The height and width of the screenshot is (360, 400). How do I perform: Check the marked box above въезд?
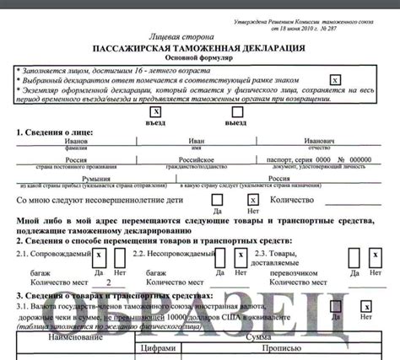(155, 110)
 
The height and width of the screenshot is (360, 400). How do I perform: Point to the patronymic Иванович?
(318, 140)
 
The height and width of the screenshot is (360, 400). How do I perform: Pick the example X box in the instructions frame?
(335, 78)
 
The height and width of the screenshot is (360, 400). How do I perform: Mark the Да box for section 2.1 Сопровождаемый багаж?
(99, 256)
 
